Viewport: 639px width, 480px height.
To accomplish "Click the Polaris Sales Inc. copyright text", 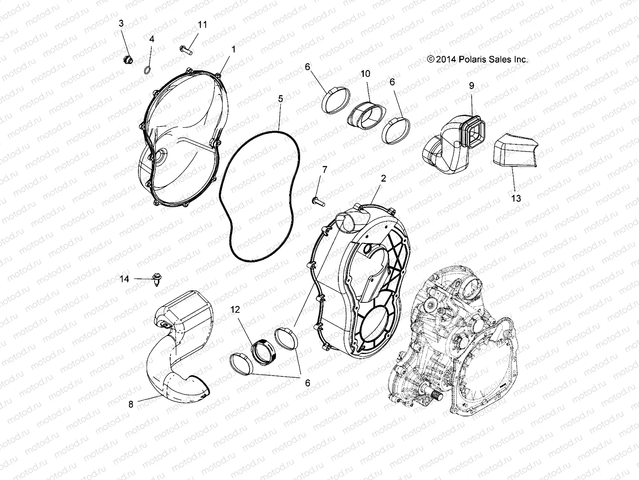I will pos(477,60).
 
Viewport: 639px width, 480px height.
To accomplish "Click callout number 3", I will pos(121,24).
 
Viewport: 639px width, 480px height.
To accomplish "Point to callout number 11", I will pos(202,25).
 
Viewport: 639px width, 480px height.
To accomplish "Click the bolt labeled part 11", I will pos(186,50).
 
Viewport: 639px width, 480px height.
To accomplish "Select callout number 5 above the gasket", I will pos(280,98).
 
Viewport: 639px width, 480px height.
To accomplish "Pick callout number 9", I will pos(471,85).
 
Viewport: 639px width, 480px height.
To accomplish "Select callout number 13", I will pos(516,198).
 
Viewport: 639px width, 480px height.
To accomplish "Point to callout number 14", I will pos(125,278).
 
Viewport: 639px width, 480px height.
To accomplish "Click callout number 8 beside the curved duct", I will pos(131,404).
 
